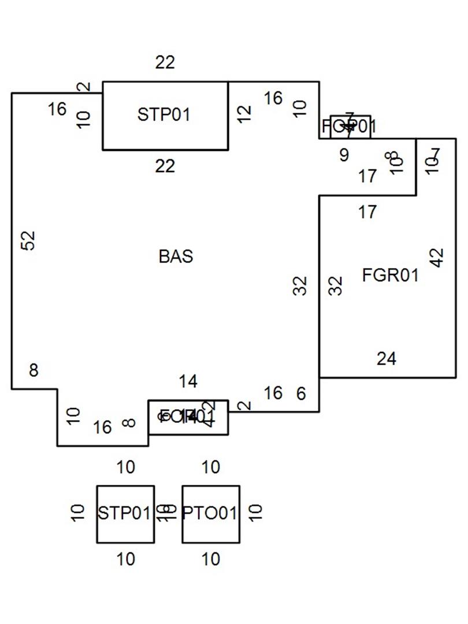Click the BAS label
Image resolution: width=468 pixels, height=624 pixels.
pyautogui.click(x=176, y=256)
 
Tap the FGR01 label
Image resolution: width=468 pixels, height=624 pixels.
pyautogui.click(x=390, y=275)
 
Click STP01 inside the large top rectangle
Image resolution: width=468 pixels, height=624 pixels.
pyautogui.click(x=164, y=114)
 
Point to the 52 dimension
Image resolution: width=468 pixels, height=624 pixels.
pyautogui.click(x=29, y=240)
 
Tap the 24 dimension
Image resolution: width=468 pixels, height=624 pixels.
pyautogui.click(x=387, y=359)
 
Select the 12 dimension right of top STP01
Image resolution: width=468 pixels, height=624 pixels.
pyautogui.click(x=245, y=113)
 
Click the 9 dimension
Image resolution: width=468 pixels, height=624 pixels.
pyautogui.click(x=344, y=155)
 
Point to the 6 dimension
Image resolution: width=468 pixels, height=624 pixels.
pyautogui.click(x=301, y=393)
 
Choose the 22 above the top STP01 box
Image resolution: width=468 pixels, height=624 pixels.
pyautogui.click(x=165, y=62)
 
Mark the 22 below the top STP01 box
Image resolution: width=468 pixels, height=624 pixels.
pyautogui.click(x=165, y=166)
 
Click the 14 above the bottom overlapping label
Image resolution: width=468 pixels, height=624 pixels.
pyautogui.click(x=188, y=381)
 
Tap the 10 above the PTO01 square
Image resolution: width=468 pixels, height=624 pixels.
pyautogui.click(x=211, y=467)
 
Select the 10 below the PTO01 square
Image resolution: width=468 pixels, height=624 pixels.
pyautogui.click(x=211, y=559)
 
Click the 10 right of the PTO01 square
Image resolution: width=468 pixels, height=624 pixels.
pyautogui.click(x=256, y=512)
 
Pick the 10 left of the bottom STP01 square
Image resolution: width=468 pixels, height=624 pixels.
pyautogui.click(x=79, y=512)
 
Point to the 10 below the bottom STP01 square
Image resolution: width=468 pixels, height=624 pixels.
pyautogui.click(x=125, y=559)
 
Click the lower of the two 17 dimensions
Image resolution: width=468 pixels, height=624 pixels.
pyautogui.click(x=367, y=213)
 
